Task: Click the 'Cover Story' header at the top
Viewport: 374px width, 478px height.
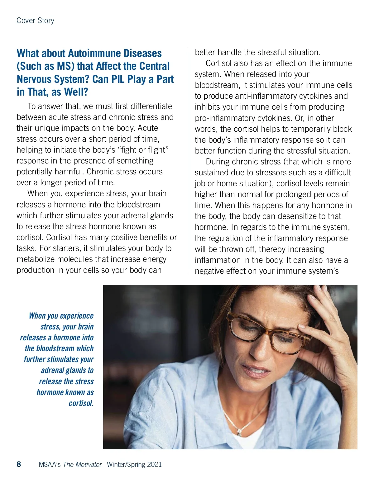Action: [35, 21]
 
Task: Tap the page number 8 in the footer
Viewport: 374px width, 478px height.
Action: [19, 464]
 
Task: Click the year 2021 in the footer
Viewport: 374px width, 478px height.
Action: [154, 465]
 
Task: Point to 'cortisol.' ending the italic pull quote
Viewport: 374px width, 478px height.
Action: [81, 403]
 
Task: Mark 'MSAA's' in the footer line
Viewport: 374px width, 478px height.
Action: [50, 465]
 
